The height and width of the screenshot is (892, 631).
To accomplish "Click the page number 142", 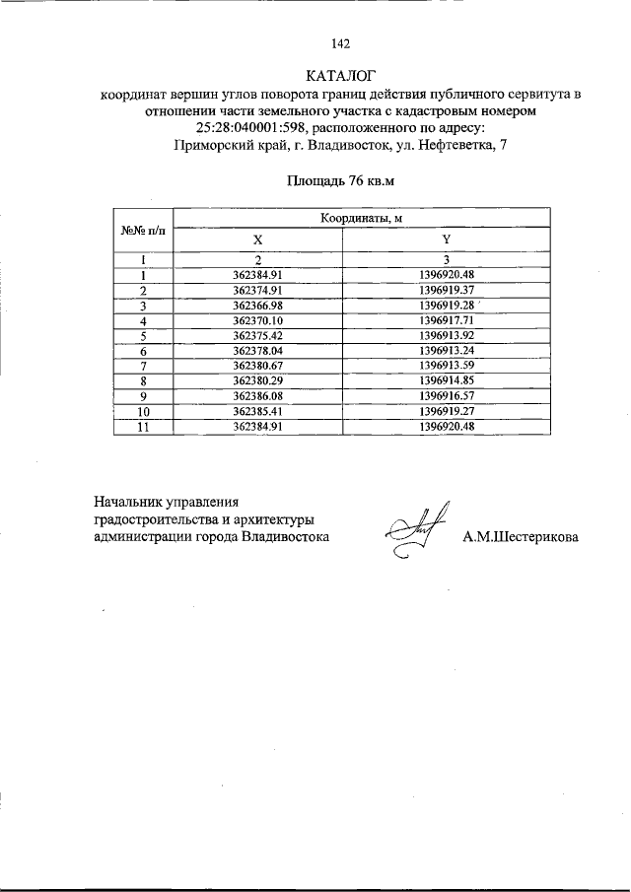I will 341,42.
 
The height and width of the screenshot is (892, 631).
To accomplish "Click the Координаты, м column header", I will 361,219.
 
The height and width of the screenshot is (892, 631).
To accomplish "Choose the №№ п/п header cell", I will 144,231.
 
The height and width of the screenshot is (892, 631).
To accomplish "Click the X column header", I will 257,240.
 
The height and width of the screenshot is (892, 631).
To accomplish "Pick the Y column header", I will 447,240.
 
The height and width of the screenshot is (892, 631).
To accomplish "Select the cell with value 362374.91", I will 257,291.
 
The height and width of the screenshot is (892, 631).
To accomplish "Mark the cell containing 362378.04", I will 257,350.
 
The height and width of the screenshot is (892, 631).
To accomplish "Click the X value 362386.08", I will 257,394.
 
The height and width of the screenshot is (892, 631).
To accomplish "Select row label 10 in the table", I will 143,410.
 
